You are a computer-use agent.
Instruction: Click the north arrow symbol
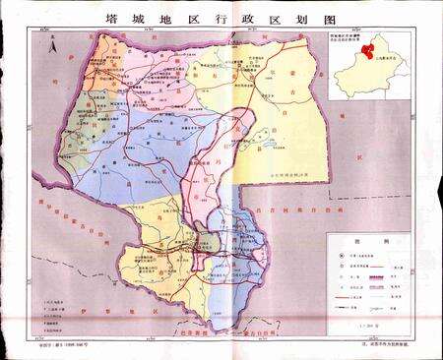pyautogui.click(x=57, y=43)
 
